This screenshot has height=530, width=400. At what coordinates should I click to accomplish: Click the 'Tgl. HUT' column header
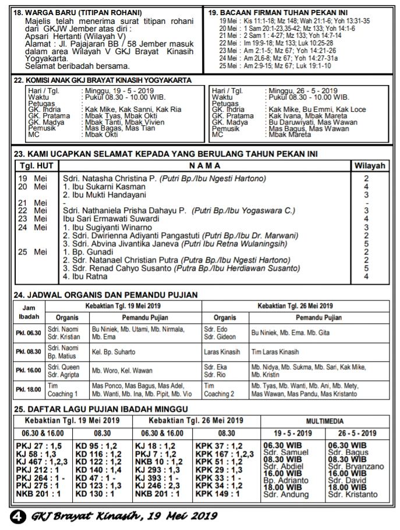pos(34,166)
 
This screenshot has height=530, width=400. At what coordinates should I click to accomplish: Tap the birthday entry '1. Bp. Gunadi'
pos(90,252)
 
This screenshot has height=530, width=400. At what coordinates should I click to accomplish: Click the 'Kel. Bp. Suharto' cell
pos(114,352)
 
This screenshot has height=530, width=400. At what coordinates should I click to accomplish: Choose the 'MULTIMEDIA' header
pos(324,421)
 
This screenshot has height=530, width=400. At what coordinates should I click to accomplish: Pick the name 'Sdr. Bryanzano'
pos(355,467)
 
